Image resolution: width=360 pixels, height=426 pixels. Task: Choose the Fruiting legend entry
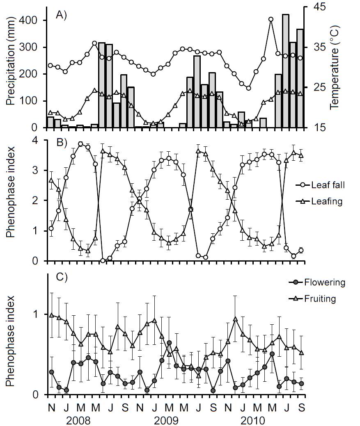[321, 298]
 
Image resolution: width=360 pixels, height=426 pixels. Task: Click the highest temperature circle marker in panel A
[271, 19]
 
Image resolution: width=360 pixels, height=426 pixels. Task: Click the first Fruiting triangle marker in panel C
[51, 315]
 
